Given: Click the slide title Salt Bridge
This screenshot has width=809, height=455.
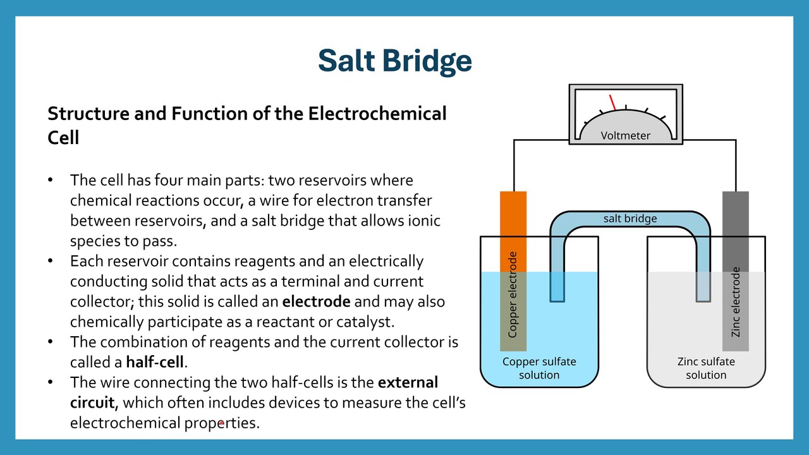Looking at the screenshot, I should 395,61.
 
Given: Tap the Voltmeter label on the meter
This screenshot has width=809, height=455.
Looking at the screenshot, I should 625,135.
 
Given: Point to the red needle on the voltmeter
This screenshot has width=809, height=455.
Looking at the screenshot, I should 612,102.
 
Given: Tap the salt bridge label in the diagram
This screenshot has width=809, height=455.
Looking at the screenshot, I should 630,219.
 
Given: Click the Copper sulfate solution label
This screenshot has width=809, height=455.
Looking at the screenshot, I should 539,368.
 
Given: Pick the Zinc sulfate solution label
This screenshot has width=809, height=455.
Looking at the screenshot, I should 706,368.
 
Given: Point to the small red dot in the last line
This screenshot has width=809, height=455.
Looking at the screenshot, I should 221,423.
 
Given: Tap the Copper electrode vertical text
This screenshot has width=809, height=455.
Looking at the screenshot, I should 513,294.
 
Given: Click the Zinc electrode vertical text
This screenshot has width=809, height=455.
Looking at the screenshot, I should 735,302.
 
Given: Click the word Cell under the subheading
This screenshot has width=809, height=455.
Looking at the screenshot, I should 63,138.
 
